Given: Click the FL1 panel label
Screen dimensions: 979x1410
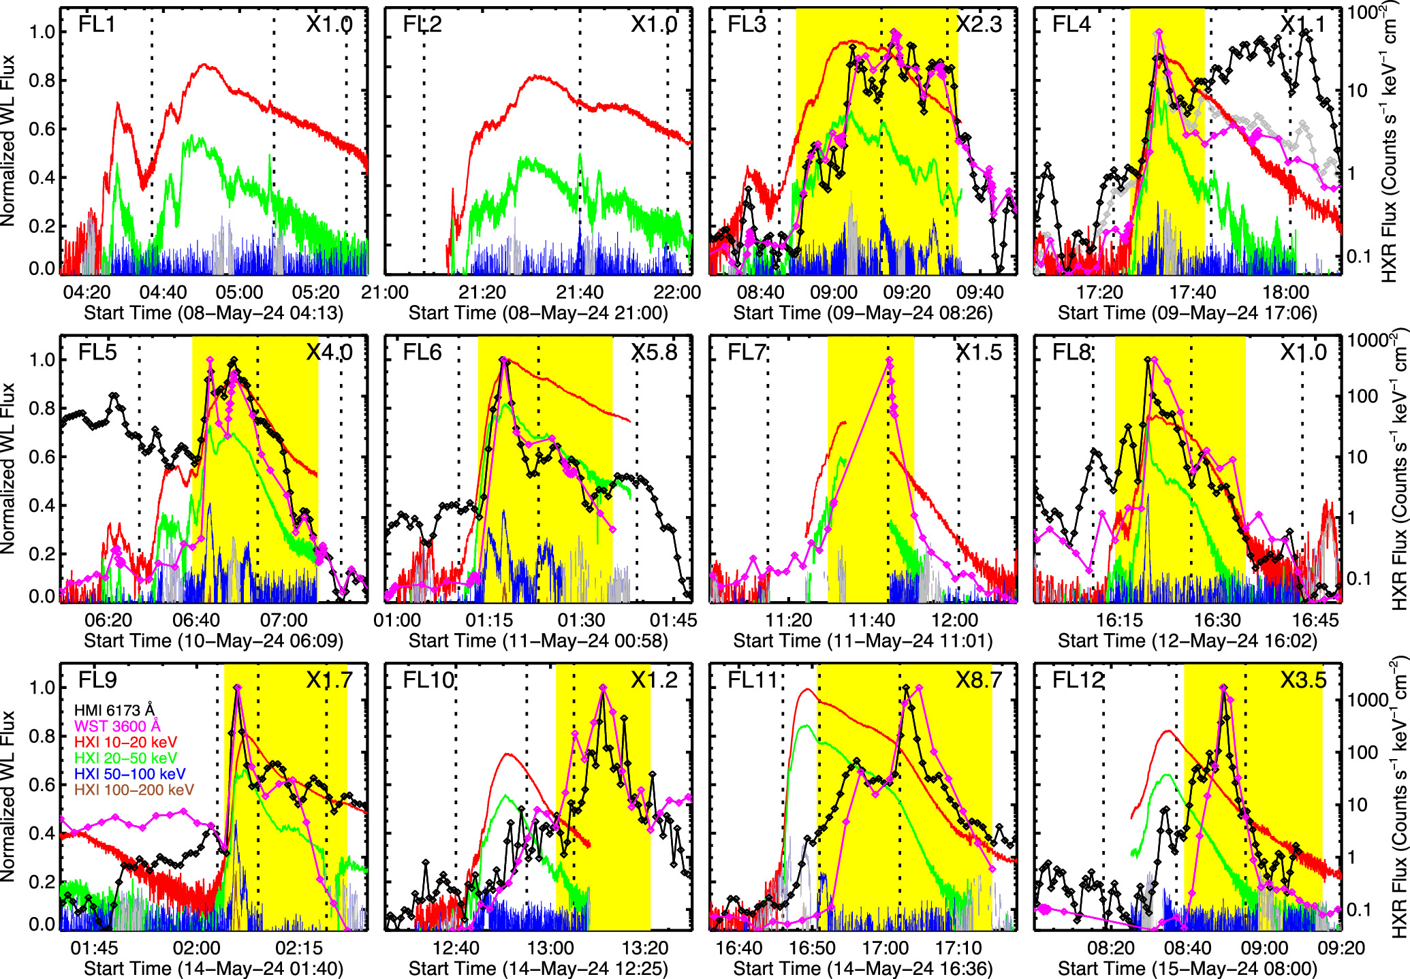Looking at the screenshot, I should (x=97, y=25).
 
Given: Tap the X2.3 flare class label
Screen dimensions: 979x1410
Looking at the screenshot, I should (x=979, y=25).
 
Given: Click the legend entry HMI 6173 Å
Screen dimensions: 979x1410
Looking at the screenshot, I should (x=114, y=710).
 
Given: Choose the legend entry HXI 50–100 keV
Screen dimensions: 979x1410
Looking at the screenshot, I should (x=129, y=773).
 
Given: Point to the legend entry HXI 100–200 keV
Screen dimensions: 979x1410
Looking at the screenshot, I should (x=134, y=790).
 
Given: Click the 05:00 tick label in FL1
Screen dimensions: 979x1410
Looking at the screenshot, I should (x=239, y=293).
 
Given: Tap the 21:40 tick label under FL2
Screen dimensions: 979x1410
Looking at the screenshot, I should (x=580, y=293).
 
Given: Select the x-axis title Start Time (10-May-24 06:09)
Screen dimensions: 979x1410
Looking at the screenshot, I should (x=213, y=641).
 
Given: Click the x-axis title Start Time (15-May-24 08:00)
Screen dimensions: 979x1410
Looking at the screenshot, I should (x=1187, y=968).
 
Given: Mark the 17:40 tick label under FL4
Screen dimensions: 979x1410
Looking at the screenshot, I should (x=1193, y=293).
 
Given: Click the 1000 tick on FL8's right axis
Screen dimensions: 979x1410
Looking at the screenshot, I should (x=1366, y=340).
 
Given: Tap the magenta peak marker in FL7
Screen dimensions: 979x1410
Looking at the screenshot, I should (x=890, y=361).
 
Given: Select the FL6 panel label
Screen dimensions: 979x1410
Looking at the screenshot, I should (x=422, y=352).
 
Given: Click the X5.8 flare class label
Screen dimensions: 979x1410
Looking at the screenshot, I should (x=654, y=352).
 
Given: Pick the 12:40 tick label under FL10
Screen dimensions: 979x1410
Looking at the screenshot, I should (x=456, y=948).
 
